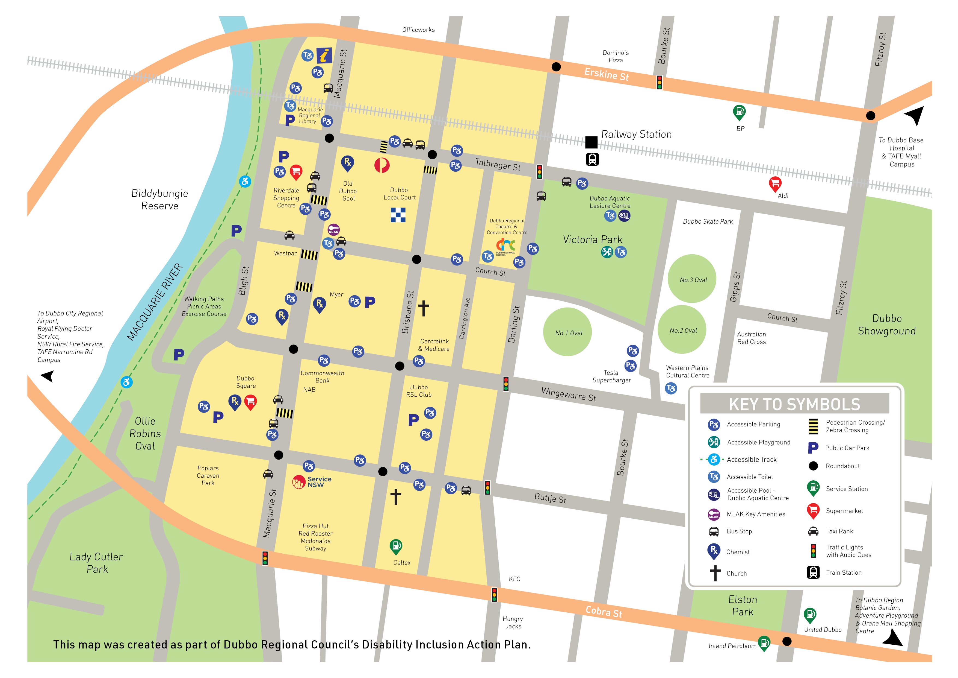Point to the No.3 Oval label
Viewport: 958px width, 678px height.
(x=693, y=280)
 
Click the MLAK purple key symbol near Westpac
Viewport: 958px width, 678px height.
(x=333, y=229)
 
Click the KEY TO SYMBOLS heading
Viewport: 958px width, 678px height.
(x=794, y=404)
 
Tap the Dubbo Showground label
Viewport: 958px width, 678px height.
(x=887, y=325)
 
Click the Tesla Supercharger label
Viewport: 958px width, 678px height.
(x=611, y=376)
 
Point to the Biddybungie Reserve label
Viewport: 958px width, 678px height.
(x=159, y=199)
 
